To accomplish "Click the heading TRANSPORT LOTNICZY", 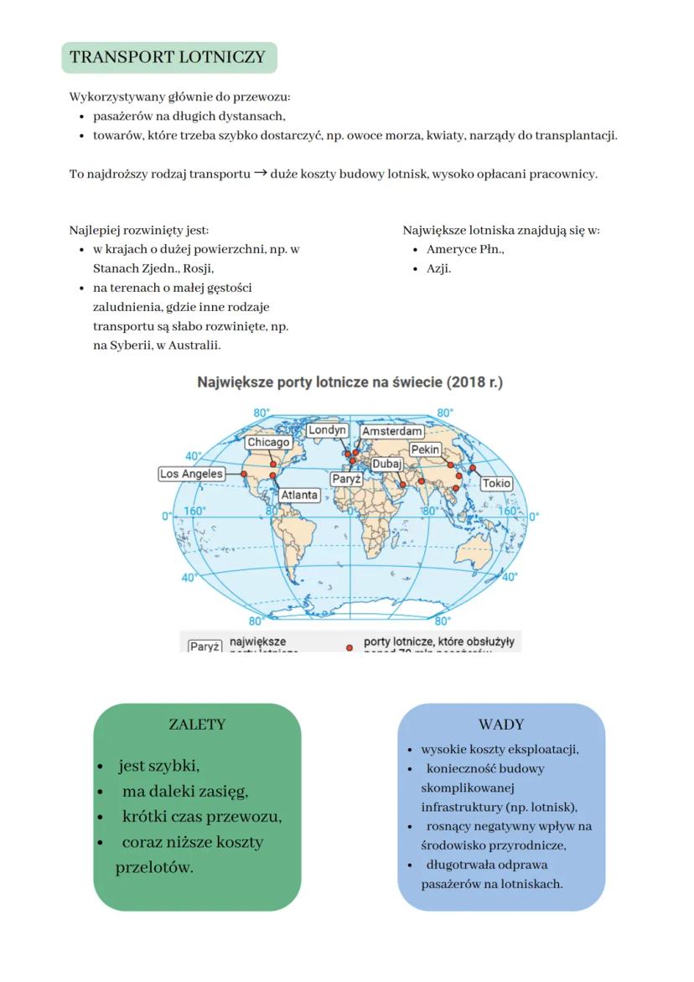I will point(168,58).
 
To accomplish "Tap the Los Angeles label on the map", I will point(192,474).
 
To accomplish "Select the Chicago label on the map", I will point(268,442).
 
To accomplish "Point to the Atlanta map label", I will point(299,495).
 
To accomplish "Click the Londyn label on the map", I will point(326,430).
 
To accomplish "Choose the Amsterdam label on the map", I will point(391,431).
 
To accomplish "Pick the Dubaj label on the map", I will point(386,464).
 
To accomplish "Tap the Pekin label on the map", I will point(426,450).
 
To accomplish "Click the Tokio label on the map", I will point(496,484).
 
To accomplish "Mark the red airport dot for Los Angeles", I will point(243,474).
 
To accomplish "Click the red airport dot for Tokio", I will point(473,468).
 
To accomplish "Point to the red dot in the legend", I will point(349,647).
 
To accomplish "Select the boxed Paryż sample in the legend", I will point(204,647).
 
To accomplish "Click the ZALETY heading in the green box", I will point(197,725).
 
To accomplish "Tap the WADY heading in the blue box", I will point(501,725).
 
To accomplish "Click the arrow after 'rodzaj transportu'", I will point(260,174).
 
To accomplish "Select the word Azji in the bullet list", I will point(438,269).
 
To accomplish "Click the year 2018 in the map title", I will point(462,382).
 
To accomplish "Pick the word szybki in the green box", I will point(173,766).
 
